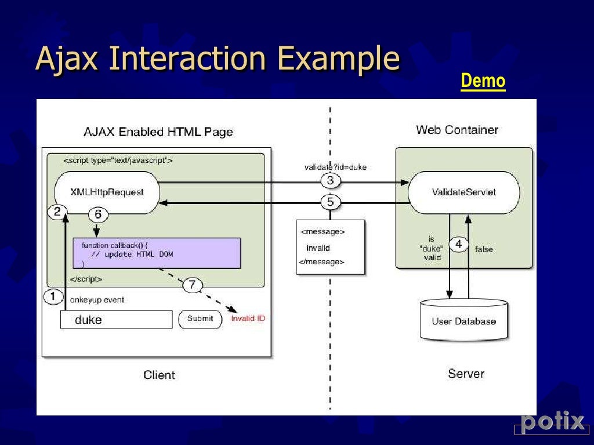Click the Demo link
[483, 82]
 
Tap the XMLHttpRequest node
[107, 192]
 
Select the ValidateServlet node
[464, 192]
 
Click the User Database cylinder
[463, 320]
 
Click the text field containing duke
[116, 319]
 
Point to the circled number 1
[53, 297]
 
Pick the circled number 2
[57, 212]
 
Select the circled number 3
[330, 181]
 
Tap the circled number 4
[458, 245]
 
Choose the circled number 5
[330, 202]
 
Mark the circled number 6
[98, 215]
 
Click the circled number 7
[193, 284]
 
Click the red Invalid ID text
[248, 319]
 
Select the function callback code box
[157, 253]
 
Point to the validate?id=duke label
[335, 167]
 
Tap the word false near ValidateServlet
[484, 249]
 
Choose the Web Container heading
[457, 130]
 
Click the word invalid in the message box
[318, 248]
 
